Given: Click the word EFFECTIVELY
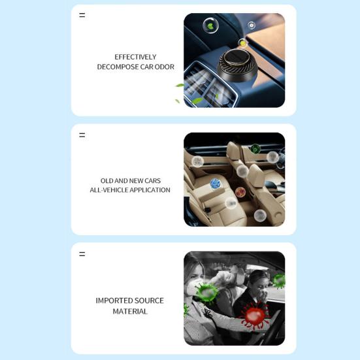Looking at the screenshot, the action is tap(135, 57).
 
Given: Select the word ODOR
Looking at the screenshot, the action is tap(165, 67).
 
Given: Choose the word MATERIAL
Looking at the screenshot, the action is tap(130, 312).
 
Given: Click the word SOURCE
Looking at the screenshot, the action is tap(149, 301).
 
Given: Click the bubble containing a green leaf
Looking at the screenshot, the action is tap(210, 25).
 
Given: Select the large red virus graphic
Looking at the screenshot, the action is tap(255, 315).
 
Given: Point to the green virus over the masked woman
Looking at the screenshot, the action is tap(206, 293).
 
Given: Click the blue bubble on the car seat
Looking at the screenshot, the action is tap(216, 184).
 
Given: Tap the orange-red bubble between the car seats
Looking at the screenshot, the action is tap(240, 191).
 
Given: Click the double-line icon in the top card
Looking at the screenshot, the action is tap(82, 15).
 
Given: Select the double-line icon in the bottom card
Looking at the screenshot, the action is tap(82, 254).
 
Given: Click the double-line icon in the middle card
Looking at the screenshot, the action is tap(82, 135).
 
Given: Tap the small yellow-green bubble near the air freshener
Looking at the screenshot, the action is tap(242, 42).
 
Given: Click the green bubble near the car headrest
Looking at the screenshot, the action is tap(255, 149).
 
